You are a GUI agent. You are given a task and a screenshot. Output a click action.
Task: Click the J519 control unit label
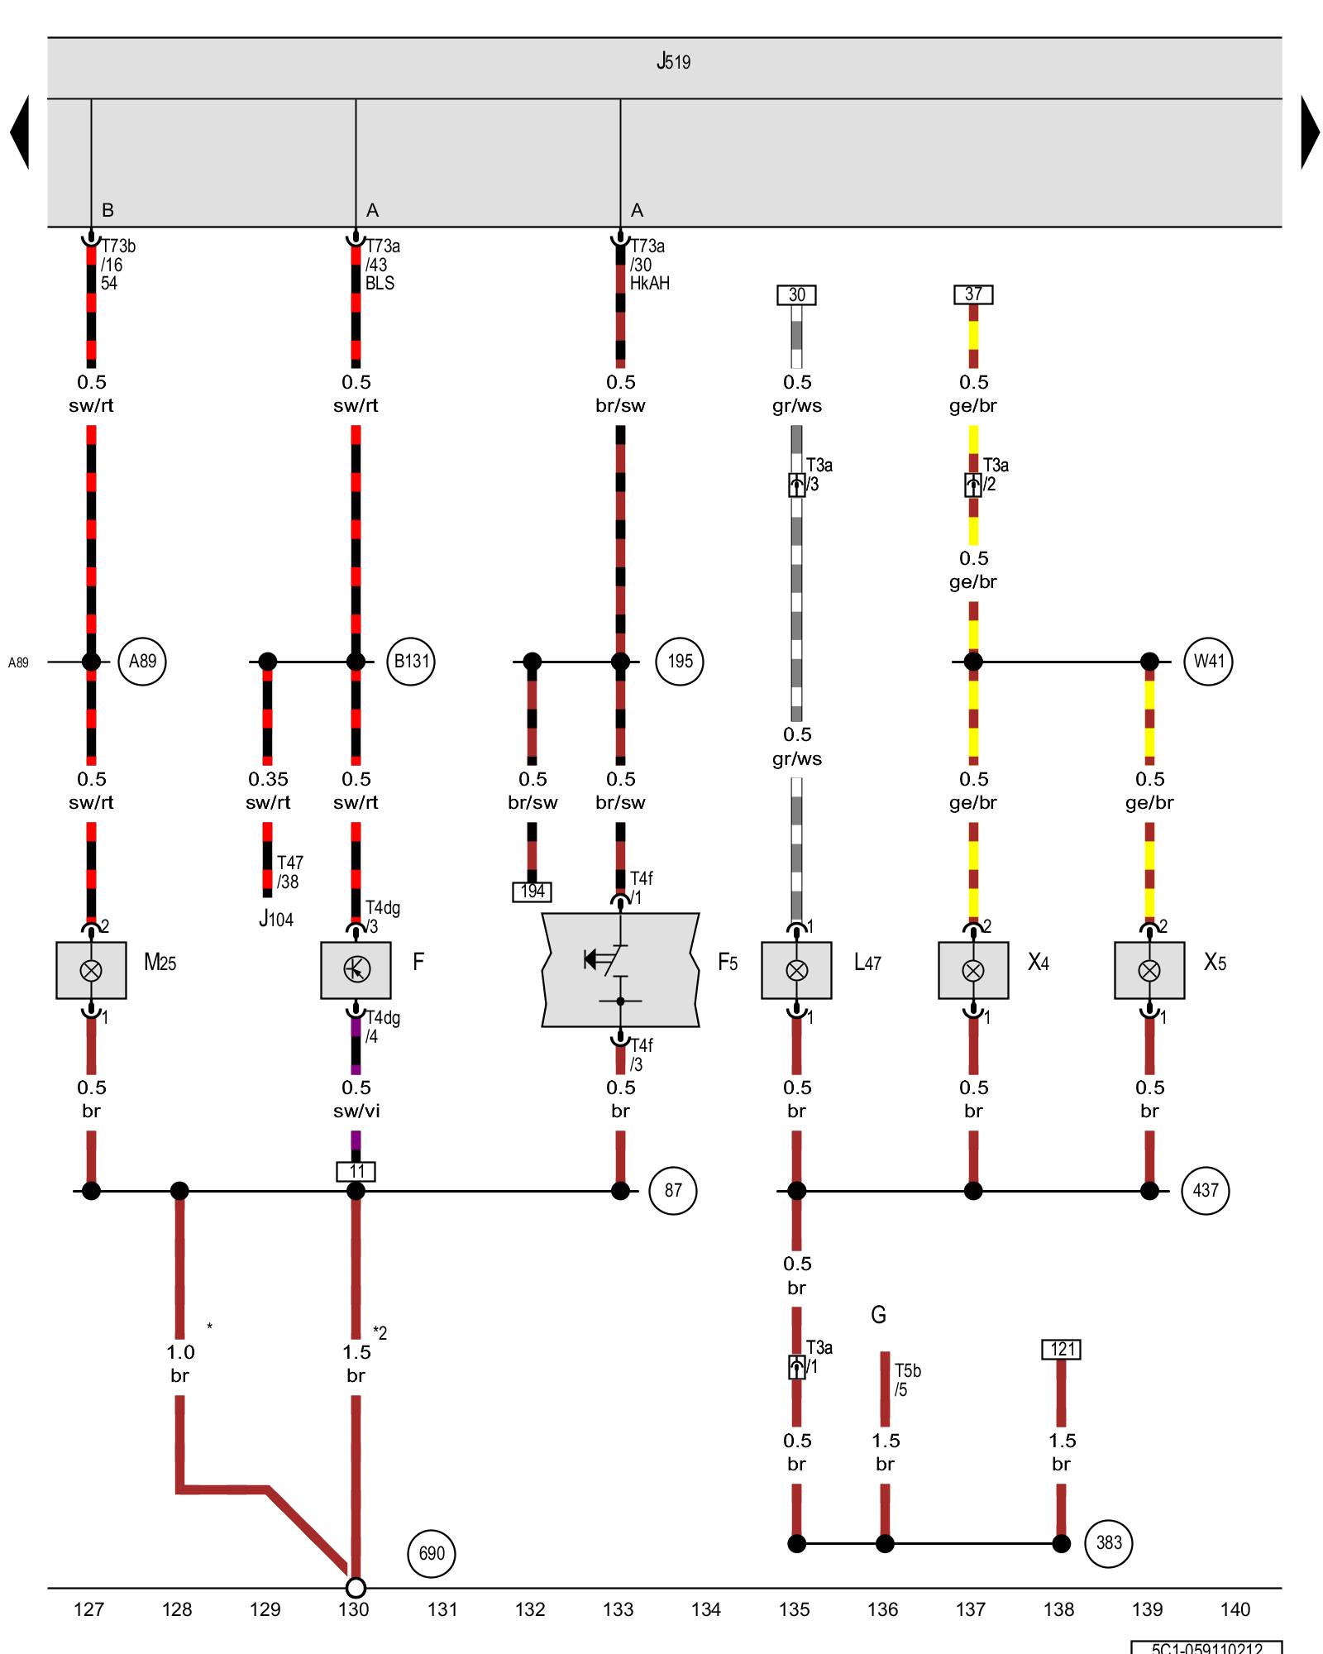673,62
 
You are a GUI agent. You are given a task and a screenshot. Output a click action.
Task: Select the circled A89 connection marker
142,662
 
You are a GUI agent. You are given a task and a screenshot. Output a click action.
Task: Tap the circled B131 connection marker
411,662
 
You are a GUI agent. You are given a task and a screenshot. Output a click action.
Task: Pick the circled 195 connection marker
680,662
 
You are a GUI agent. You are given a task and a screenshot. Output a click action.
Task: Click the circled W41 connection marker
1208,662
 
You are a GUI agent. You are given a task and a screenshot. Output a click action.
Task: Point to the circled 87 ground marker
673,1191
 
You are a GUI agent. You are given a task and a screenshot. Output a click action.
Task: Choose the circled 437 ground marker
1206,1191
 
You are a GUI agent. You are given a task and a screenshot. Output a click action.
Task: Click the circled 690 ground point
432,1554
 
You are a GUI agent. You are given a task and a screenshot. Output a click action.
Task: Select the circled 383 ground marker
1109,1543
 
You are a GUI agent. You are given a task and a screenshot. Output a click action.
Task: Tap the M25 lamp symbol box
91,970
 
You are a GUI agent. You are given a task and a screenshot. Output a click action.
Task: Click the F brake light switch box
356,970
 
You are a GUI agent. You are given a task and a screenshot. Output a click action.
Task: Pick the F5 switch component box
620,970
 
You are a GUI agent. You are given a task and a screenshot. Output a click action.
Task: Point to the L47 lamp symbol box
796,970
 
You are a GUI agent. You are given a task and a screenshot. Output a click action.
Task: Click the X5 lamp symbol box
1149,970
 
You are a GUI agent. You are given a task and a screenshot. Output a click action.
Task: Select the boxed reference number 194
532,892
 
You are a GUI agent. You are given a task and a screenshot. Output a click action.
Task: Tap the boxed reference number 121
1062,1350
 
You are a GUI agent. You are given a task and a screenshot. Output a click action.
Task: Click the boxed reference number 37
973,294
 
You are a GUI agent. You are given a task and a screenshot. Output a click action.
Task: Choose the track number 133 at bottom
619,1609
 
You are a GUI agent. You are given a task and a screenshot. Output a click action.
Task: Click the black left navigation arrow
20,132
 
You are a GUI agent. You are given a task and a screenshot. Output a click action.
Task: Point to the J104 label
276,919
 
